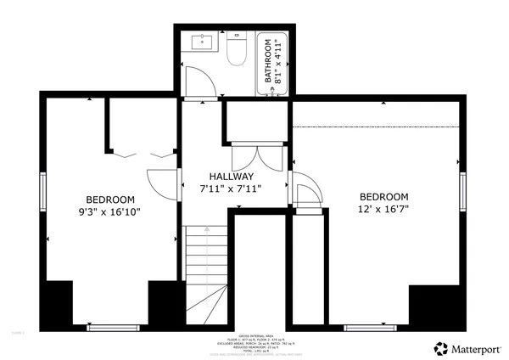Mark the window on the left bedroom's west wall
point(42,193)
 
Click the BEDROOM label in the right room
point(383,195)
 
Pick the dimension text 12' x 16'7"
point(383,209)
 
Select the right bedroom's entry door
point(304,194)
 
